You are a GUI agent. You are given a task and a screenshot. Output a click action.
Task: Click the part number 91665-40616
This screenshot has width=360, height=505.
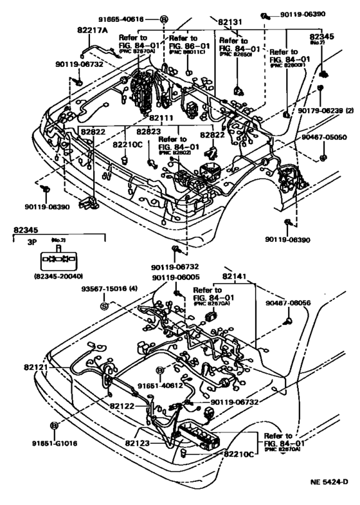click(x=127, y=20)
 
